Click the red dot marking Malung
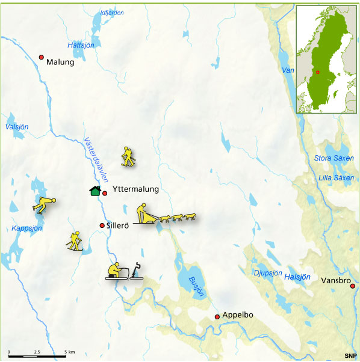[42, 57]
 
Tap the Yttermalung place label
[135, 189]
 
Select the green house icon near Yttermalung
[95, 191]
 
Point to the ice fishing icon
[125, 272]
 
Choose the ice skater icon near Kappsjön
[44, 204]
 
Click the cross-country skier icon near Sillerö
[74, 241]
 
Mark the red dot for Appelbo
[217, 316]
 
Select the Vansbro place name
[335, 281]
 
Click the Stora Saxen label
[334, 158]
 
